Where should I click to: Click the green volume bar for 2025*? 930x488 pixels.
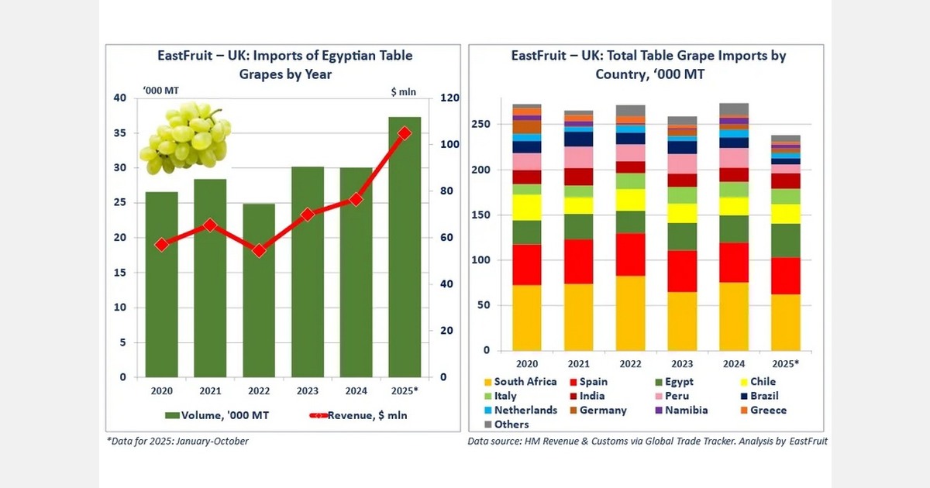click(x=404, y=248)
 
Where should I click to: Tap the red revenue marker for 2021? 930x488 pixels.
click(x=209, y=225)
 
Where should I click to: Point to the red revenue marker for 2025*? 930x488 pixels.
click(x=404, y=133)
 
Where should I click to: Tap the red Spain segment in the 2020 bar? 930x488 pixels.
click(x=527, y=265)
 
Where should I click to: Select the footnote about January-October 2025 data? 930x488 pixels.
click(x=177, y=442)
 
